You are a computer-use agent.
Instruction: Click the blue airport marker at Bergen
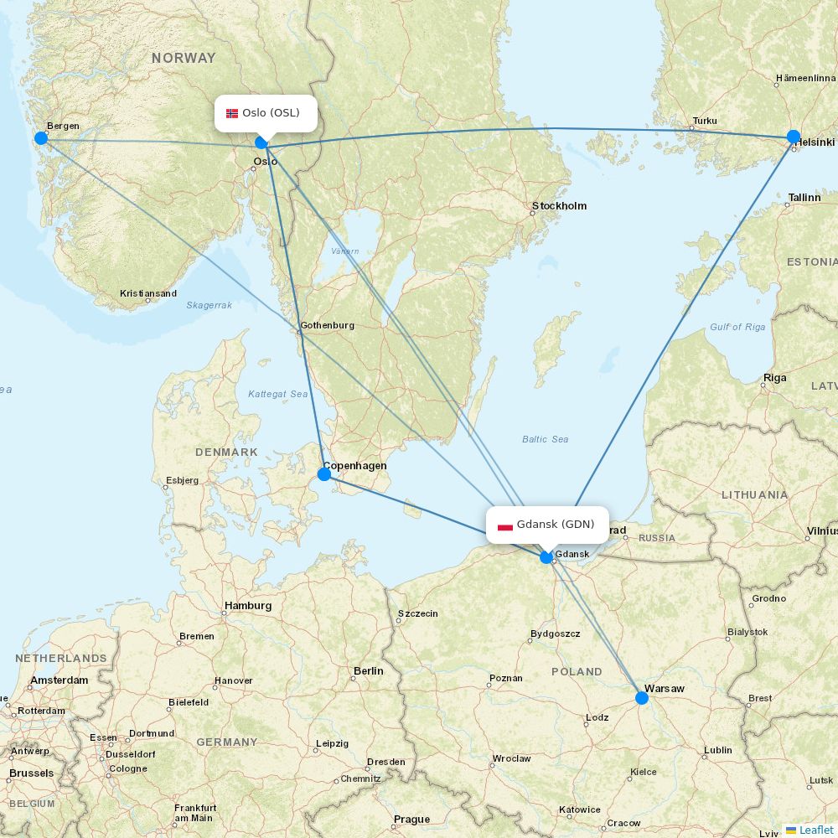[40, 138]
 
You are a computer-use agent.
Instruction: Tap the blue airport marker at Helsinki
[794, 137]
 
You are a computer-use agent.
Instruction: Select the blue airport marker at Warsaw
[642, 697]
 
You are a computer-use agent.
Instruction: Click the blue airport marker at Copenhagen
[324, 474]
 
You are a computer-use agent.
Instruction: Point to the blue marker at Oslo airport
[261, 142]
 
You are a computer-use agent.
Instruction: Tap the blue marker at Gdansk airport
[546, 557]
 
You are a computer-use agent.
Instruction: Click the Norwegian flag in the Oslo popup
[232, 113]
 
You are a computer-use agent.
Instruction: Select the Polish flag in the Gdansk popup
[505, 525]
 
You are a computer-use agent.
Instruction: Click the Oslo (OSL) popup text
[271, 113]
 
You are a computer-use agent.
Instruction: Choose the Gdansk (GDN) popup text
[556, 525]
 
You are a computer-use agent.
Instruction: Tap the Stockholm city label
[559, 206]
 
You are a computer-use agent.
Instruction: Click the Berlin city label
[369, 671]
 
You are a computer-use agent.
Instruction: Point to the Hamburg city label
[248, 606]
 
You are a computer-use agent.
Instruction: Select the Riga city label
[774, 378]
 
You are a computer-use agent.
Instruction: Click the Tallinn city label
[804, 198]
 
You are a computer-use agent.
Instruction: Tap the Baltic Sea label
[545, 439]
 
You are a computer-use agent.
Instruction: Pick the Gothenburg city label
[327, 325]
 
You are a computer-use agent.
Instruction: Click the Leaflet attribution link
[815, 830]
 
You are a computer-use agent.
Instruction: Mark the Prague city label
[411, 820]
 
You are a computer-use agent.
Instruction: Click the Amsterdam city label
[59, 680]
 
